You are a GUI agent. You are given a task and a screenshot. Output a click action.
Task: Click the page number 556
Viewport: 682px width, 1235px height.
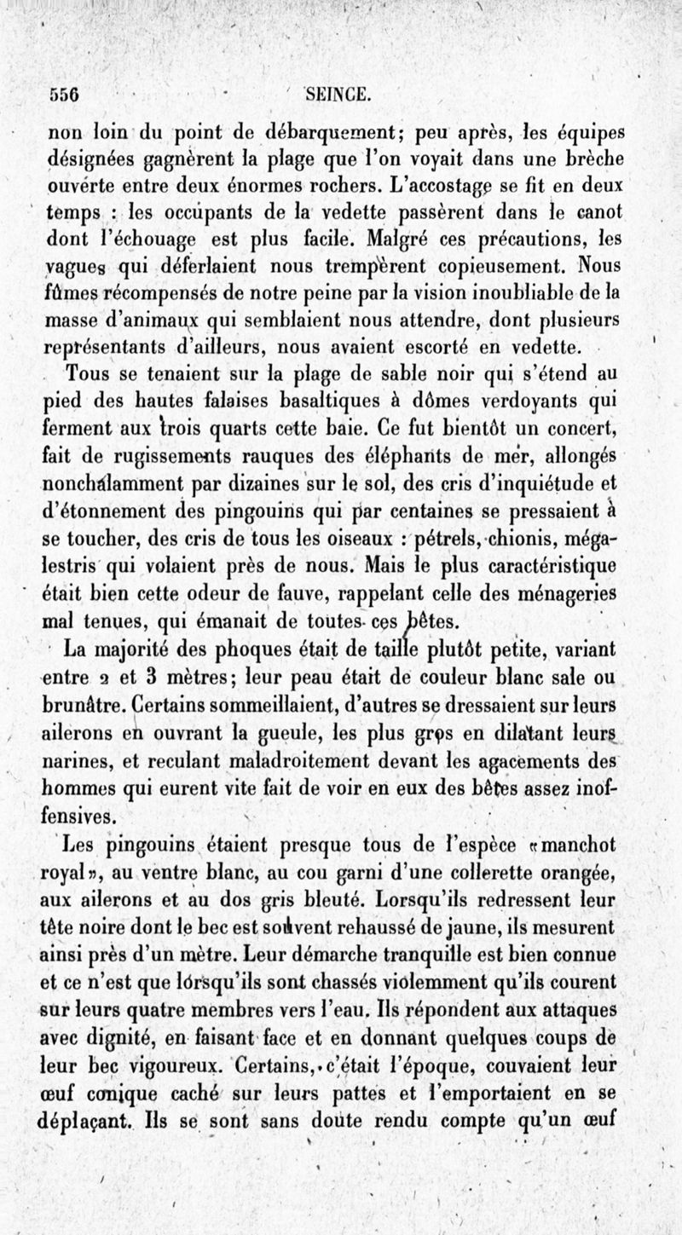(x=65, y=95)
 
